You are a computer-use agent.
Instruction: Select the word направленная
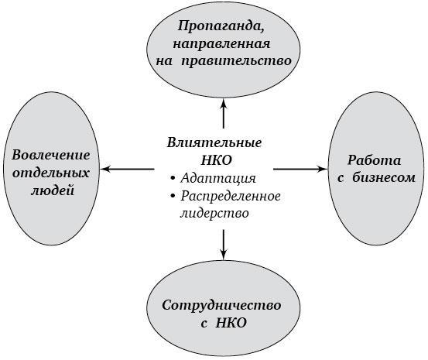pyautogui.click(x=221, y=44)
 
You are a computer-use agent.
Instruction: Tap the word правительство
pyautogui.click(x=237, y=61)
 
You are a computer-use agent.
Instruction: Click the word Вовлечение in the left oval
pyautogui.click(x=51, y=155)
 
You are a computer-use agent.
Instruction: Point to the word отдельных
pyautogui.click(x=51, y=173)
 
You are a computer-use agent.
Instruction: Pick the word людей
pyautogui.click(x=53, y=190)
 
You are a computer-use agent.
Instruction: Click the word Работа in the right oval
pyautogui.click(x=375, y=160)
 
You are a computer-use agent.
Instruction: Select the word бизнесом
pyautogui.click(x=384, y=177)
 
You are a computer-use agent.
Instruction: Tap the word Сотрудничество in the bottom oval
pyautogui.click(x=221, y=305)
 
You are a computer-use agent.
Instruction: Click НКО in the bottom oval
pyautogui.click(x=231, y=323)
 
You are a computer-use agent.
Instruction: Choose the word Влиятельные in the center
pyautogui.click(x=214, y=142)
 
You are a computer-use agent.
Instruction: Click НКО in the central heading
pyautogui.click(x=217, y=160)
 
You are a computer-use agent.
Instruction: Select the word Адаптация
pyautogui.click(x=218, y=178)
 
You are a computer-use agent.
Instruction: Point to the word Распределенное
pyautogui.click(x=231, y=196)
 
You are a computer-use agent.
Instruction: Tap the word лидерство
pyautogui.click(x=214, y=214)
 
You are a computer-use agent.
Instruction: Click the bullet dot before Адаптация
pyautogui.click(x=173, y=179)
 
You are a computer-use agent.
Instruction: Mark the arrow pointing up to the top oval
pyautogui.click(x=224, y=113)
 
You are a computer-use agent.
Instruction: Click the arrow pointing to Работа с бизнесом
pyautogui.click(x=300, y=170)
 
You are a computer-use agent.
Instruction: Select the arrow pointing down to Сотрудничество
pyautogui.click(x=224, y=245)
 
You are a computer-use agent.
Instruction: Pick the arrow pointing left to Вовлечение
pyautogui.click(x=127, y=170)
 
